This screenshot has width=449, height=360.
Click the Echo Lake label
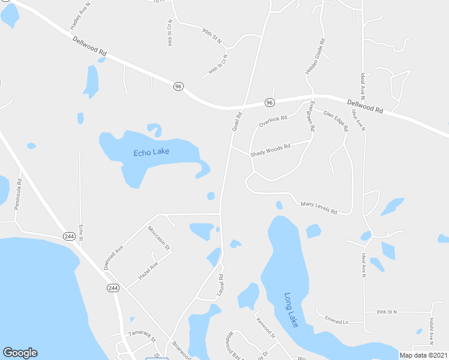[x=151, y=152]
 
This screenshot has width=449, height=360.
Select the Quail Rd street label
[x=237, y=122]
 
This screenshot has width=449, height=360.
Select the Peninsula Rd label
[x=19, y=193]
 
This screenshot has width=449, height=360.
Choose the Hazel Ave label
[x=148, y=271]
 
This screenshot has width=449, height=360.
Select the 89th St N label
[x=387, y=312]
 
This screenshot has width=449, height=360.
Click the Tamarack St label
[x=141, y=335]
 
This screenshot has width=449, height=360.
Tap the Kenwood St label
[x=265, y=328]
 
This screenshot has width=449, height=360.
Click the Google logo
[x=20, y=353]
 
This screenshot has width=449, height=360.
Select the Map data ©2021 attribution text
[x=423, y=355]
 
